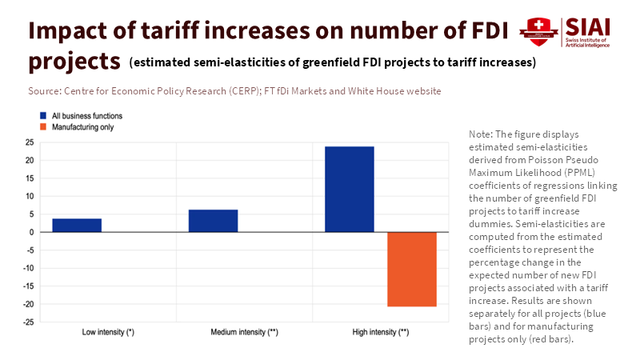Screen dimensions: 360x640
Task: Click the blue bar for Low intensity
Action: click(x=77, y=225)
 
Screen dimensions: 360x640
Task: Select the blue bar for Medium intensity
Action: click(x=213, y=221)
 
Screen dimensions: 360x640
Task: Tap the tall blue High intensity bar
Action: click(x=349, y=190)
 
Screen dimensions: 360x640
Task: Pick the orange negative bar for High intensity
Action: click(x=412, y=269)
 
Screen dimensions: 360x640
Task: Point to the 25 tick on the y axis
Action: click(x=29, y=142)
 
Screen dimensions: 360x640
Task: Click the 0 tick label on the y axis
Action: click(x=31, y=232)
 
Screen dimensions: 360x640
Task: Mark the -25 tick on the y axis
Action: click(x=27, y=322)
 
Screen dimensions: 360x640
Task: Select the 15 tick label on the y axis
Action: click(x=29, y=178)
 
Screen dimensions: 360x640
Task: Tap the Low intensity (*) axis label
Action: click(x=108, y=331)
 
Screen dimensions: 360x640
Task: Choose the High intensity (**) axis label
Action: click(x=381, y=331)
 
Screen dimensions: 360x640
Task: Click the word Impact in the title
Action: click(x=70, y=30)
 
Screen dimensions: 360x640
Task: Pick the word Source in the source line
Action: click(x=45, y=91)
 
